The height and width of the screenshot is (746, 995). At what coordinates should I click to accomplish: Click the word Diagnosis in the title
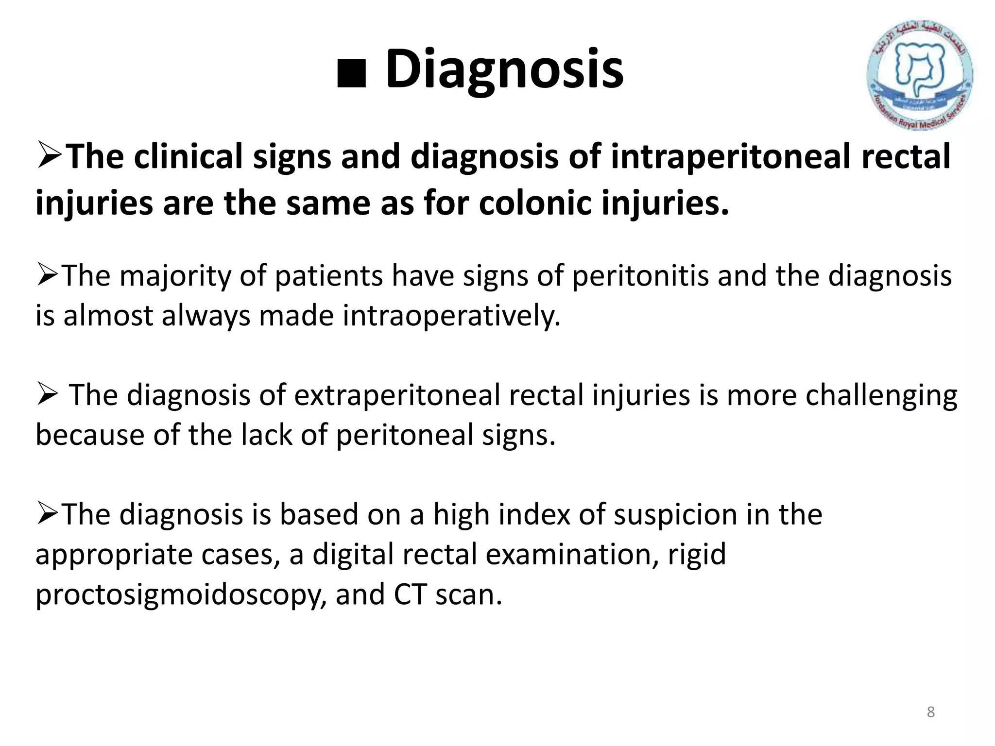pos(504,69)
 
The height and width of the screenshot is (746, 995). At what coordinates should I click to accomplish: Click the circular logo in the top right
pos(919,75)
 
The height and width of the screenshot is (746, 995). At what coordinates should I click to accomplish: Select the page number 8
pos(930,712)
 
